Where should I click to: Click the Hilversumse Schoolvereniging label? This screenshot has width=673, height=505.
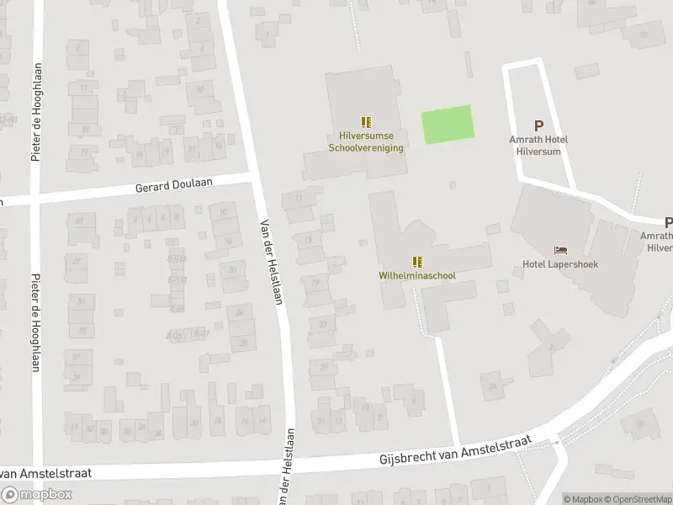pyautogui.click(x=366, y=142)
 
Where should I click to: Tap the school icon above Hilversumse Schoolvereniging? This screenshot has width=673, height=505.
pyautogui.click(x=366, y=122)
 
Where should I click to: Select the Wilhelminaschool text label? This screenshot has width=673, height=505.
pyautogui.click(x=417, y=275)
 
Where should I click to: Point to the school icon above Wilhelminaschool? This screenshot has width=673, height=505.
pyautogui.click(x=417, y=262)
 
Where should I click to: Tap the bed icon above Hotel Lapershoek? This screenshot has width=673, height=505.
pyautogui.click(x=560, y=250)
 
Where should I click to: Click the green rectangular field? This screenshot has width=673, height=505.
pyautogui.click(x=448, y=125)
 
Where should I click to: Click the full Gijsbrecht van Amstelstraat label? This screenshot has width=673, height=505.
pyautogui.click(x=456, y=452)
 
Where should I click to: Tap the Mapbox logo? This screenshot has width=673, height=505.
pyautogui.click(x=37, y=495)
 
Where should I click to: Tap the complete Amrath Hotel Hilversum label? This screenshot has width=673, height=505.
pyautogui.click(x=539, y=145)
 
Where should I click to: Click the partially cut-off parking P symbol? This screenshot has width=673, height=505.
pyautogui.click(x=668, y=223)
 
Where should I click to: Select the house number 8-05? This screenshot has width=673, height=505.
pyautogui.click(x=175, y=335)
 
